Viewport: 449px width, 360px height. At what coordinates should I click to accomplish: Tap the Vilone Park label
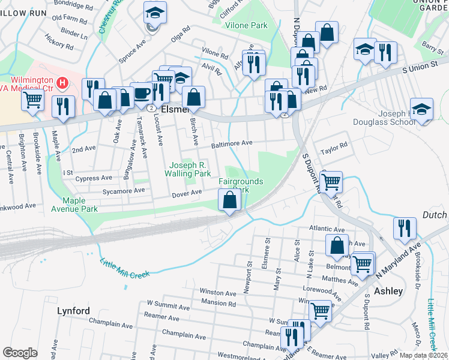246,26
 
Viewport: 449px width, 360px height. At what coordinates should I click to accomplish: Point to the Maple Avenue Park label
80,205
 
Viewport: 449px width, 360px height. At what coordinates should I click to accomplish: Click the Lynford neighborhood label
73,311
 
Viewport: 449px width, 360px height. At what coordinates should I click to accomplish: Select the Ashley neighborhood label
388,291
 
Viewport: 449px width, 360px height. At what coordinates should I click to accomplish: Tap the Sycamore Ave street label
123,190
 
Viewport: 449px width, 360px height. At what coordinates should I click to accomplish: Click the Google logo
20,352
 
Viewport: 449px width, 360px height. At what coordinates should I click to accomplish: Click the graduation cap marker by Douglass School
422,110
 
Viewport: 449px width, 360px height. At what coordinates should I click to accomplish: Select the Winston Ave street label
218,293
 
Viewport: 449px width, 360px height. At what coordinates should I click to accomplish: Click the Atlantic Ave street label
327,229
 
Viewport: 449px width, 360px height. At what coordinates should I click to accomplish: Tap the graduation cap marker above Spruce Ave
155,13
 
